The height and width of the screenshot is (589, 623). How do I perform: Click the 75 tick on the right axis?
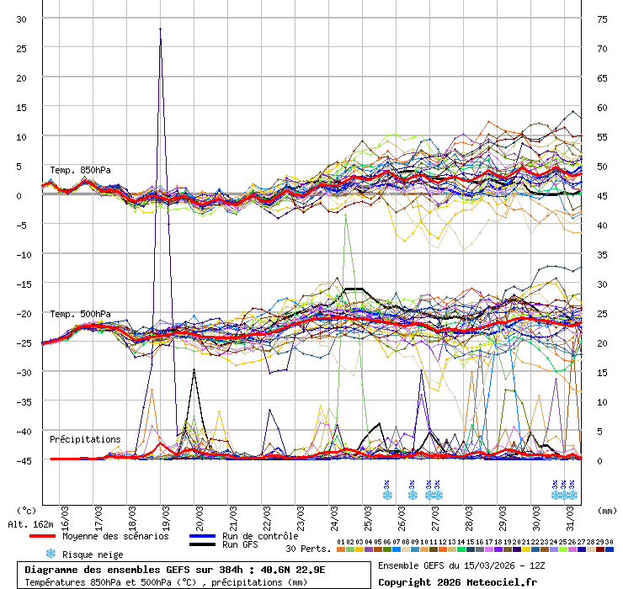tap(602, 19)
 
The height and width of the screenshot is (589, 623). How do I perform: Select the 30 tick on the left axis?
tap(22, 19)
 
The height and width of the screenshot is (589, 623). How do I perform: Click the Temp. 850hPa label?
tap(80, 170)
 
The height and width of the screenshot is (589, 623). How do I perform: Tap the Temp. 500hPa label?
tap(80, 314)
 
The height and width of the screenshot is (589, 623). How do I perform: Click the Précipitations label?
tap(85, 439)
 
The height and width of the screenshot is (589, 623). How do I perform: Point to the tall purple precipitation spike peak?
tap(160, 29)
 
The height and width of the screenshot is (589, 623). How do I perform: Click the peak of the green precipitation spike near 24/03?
tap(346, 215)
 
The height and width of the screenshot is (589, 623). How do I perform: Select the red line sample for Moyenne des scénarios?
tap(43, 536)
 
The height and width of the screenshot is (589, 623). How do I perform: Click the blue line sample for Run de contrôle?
tap(201, 536)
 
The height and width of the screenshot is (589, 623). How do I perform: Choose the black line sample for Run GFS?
tap(201, 545)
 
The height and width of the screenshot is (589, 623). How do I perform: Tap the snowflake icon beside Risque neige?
tap(51, 554)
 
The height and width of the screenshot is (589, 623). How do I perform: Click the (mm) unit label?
tap(606, 510)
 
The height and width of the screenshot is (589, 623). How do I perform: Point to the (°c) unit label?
tap(28, 510)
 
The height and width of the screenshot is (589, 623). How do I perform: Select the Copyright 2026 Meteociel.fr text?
tap(457, 581)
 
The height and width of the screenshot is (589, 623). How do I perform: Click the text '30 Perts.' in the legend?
tap(308, 549)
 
